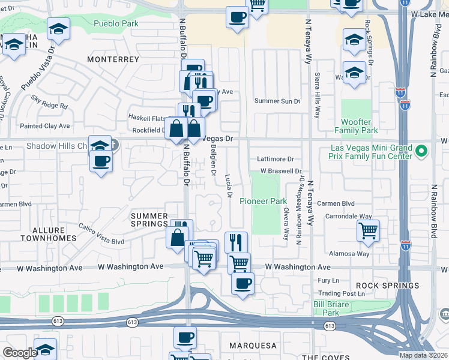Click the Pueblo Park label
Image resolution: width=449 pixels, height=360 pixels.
116,24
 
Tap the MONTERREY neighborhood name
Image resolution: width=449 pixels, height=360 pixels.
113,59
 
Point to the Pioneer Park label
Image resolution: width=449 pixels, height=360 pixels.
263,201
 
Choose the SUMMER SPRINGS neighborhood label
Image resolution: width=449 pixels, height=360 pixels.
149,220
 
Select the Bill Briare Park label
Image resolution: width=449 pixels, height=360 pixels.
335,308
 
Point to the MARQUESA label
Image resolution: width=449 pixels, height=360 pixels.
252,346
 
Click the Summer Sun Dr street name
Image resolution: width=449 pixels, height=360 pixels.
277,101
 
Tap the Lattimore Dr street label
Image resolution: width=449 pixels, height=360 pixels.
275,160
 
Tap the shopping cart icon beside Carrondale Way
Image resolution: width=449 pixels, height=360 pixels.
368,230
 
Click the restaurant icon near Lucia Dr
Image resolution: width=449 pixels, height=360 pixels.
237,242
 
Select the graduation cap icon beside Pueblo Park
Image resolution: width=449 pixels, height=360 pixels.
59,29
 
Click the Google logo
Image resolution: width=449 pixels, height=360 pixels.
20,352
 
